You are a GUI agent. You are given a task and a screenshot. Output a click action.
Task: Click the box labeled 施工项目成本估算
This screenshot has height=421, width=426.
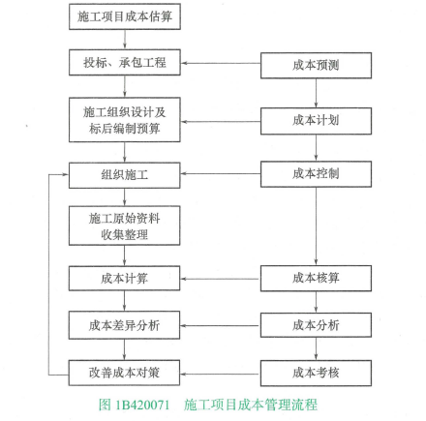tap(125, 16)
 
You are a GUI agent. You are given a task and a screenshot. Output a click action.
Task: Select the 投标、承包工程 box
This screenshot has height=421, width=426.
tap(125, 63)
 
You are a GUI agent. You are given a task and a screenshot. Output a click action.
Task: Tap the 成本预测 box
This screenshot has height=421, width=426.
tap(316, 66)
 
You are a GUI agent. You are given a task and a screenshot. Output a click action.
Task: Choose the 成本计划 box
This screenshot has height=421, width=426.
tap(316, 121)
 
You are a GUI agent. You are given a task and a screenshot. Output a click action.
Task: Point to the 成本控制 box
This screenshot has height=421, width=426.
tap(316, 174)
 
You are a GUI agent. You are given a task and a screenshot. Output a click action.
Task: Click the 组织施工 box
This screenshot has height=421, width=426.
tap(125, 175)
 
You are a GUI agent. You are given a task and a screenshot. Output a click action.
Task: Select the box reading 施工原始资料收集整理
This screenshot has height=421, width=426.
tap(125, 226)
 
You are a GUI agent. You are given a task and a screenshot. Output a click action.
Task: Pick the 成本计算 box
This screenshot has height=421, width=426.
tap(125, 279)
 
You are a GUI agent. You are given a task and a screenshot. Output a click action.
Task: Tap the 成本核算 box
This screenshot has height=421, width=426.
tap(316, 279)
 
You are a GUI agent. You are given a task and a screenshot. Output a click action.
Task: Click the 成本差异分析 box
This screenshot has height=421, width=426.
tap(125, 325)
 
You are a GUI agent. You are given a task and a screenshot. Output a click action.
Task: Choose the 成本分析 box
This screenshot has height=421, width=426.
tap(316, 325)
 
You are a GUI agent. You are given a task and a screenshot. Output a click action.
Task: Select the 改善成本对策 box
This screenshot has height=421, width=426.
tap(125, 373)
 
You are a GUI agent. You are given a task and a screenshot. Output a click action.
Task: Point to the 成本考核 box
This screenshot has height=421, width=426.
tap(316, 374)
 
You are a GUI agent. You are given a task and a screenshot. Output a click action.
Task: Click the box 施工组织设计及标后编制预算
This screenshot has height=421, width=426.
tap(125, 120)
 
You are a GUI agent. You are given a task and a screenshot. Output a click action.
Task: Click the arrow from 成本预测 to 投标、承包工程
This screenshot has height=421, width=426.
tap(221, 63)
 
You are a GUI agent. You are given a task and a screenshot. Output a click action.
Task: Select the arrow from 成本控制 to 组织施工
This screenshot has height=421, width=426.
tap(221, 174)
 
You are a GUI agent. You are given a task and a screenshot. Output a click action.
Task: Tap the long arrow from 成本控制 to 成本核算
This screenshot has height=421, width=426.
tap(316, 226)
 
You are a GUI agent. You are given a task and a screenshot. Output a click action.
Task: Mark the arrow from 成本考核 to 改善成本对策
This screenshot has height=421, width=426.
tap(220, 375)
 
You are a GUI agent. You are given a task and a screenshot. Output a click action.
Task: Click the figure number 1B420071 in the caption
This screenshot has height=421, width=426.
tap(142, 405)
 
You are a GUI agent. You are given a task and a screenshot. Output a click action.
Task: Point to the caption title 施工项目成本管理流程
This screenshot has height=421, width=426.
tap(251, 405)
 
